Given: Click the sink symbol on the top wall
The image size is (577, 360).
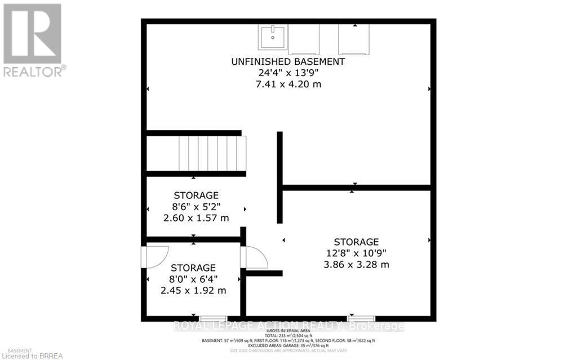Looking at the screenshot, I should click(x=273, y=37).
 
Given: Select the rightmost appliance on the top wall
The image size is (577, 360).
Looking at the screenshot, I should click(x=354, y=39).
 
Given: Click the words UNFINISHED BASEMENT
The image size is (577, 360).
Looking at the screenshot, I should click(x=288, y=61).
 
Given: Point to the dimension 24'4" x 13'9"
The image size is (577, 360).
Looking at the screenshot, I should click(x=288, y=73).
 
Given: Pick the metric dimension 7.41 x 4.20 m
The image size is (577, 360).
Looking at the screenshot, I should click(x=288, y=85).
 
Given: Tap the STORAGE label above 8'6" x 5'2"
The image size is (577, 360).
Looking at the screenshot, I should click(x=196, y=195).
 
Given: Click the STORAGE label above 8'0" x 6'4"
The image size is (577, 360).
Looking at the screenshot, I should click(x=193, y=268).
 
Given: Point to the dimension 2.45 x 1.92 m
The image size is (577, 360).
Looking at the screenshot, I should click(x=193, y=291).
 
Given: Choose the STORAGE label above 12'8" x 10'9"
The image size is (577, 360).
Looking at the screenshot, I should click(x=356, y=242).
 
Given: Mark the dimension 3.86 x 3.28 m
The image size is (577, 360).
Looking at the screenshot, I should click(x=356, y=264).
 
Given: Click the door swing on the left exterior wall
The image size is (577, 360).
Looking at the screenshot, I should click(x=153, y=256).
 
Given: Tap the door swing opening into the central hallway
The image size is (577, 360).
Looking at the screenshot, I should click(x=255, y=257).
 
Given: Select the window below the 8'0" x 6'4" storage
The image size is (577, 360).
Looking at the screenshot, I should click(x=214, y=319).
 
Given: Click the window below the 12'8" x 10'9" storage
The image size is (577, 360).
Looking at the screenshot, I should click(x=360, y=319).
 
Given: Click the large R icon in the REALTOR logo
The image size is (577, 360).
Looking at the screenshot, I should click(x=32, y=33).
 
